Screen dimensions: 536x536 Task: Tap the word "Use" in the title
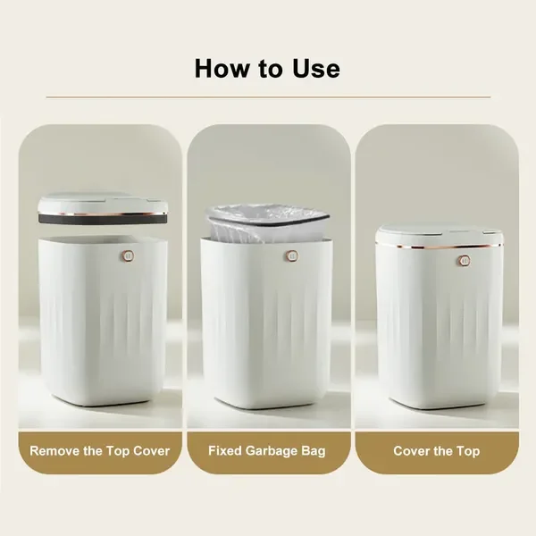(312, 68)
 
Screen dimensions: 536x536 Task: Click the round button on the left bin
(127, 255)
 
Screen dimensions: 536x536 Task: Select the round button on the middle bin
(291, 255)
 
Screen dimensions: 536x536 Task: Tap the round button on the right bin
(464, 260)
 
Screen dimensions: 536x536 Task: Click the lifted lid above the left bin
(103, 206)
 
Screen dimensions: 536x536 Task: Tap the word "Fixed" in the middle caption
(226, 450)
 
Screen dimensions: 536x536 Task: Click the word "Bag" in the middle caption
(314, 450)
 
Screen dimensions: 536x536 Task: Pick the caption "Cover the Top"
(437, 450)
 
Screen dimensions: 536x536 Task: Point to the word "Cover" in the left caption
(149, 450)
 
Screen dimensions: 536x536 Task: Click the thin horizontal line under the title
(268, 96)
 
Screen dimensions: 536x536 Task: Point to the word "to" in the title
(271, 68)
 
